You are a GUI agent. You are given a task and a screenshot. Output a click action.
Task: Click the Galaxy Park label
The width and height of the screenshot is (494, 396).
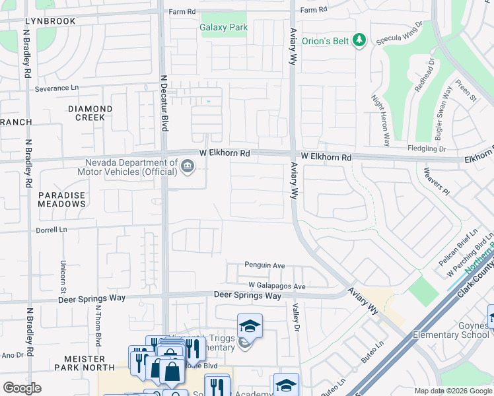pos(223,28)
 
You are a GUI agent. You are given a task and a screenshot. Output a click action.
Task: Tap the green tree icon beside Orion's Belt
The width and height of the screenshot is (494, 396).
pos(359,41)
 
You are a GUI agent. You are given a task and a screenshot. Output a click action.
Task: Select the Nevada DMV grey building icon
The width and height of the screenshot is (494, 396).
pos(188,166)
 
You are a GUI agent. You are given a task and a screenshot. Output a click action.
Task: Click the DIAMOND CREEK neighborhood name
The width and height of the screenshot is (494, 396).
pos(90,113)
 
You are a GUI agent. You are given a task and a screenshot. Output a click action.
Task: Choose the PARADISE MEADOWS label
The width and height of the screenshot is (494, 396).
pos(61,200)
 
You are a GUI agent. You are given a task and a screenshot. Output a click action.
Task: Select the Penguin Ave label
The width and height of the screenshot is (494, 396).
pos(264,265)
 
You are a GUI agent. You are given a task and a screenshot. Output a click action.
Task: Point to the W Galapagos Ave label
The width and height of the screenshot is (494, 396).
pos(277,286)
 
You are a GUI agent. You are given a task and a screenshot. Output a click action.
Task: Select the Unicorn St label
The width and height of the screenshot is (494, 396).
pos(63,277)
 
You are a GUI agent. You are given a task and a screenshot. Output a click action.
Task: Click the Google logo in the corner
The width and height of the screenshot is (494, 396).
pos(22,388)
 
